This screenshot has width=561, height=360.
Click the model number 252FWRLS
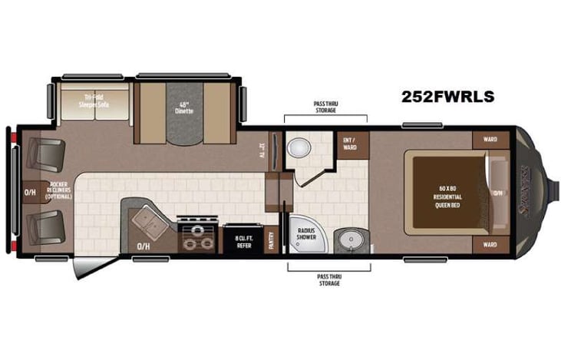click(x=447, y=97)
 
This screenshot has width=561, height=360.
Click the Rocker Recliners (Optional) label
click(x=60, y=190)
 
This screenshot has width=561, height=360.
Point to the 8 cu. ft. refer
click(x=244, y=239)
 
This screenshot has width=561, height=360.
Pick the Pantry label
click(x=271, y=239)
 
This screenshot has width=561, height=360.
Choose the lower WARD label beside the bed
click(x=490, y=245)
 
